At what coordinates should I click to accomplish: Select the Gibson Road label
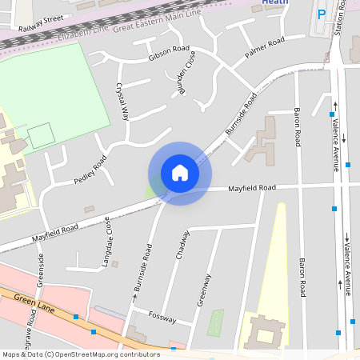(166, 51)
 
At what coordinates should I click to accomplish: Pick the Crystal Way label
(122, 101)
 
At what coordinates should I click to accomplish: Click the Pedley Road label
(90, 170)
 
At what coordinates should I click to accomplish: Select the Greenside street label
(40, 270)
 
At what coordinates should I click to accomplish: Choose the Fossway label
(162, 318)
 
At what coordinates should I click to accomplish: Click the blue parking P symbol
(322, 14)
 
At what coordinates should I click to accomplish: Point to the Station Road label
(342, 16)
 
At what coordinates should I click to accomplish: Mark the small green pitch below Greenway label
(216, 322)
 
